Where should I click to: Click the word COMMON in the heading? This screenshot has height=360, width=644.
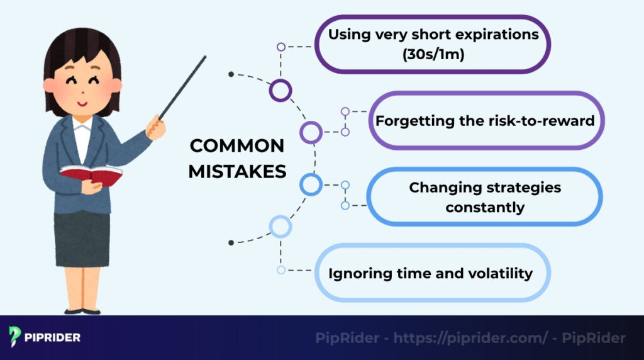[x=237, y=146]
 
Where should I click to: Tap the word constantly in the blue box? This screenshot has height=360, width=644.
[x=484, y=206]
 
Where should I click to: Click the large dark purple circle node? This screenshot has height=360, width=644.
[x=280, y=90]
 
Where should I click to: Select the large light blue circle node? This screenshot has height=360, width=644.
[x=280, y=226]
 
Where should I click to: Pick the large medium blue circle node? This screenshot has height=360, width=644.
[x=311, y=184]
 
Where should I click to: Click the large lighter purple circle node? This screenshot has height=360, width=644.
[x=311, y=132]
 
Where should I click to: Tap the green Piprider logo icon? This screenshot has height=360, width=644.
[x=15, y=337]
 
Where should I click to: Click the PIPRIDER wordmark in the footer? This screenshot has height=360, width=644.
[x=53, y=337]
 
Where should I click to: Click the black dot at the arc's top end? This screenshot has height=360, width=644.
[x=231, y=74]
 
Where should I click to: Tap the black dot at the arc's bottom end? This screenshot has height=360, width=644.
[x=231, y=242]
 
